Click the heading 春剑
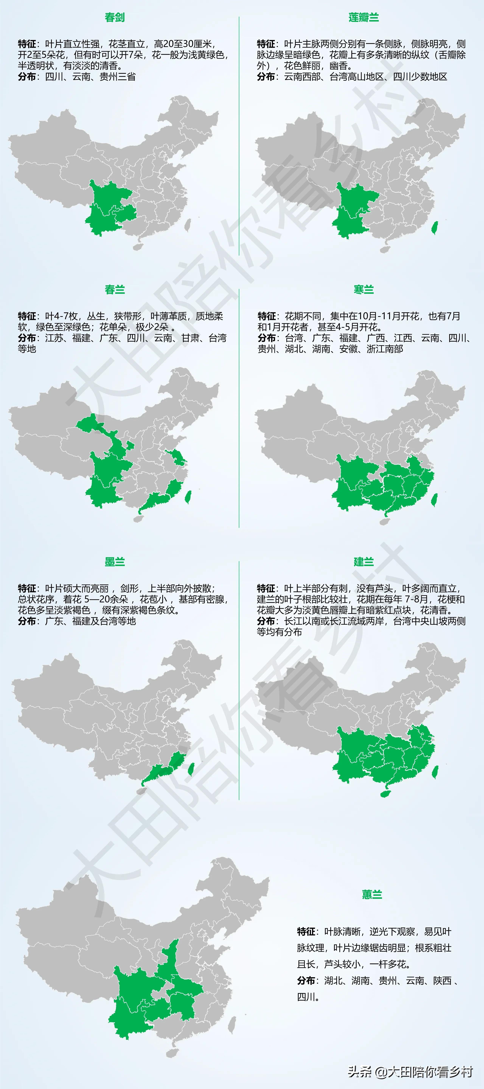pyautogui.click(x=115, y=17)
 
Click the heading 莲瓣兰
pyautogui.click(x=363, y=17)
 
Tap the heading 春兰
pyautogui.click(x=115, y=290)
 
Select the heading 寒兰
pyautogui.click(x=363, y=290)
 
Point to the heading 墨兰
pyautogui.click(x=115, y=562)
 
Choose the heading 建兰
pyautogui.click(x=363, y=562)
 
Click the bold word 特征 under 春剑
pyautogui.click(x=27, y=44)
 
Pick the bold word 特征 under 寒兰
pyautogui.click(x=266, y=316)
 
